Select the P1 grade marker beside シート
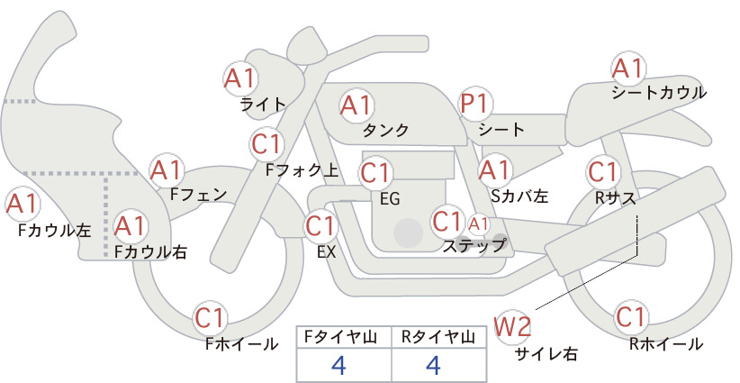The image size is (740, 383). point(475,104)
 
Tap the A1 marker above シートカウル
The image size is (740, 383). point(627,68)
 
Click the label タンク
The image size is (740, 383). point(385,130)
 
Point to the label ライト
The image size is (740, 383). point(263,105)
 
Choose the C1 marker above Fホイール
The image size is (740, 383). point(210,318)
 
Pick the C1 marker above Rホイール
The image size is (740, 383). point(630,317)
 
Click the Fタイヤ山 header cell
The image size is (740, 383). point(344,337)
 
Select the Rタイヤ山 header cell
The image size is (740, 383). point(438,337)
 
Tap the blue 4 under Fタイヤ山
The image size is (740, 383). point(339,365)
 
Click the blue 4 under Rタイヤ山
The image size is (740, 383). point(433,365)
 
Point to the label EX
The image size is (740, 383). point(326,252)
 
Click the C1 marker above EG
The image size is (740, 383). point(375,173)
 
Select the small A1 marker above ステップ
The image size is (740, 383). point(478,224)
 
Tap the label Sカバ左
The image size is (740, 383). point(519,196)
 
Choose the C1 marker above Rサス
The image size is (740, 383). point(602,171)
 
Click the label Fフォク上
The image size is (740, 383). point(302,170)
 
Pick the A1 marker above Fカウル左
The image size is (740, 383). point(23,204)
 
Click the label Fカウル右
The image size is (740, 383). point(150,251)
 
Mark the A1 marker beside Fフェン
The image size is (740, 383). point(167,170)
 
